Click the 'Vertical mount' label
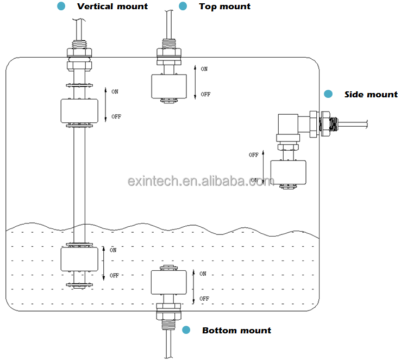tap(112, 7)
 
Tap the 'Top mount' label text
tap(224, 7)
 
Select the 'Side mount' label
tap(371, 94)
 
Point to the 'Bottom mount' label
tap(236, 330)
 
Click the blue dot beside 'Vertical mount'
tap(61, 6)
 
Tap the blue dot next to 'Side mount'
tap(328, 94)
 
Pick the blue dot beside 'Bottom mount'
tap(186, 330)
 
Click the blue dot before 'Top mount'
tap(183, 6)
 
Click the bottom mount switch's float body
tap(168, 282)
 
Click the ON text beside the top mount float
tap(204, 69)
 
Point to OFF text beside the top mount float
tap(205, 94)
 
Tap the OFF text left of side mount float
tap(254, 155)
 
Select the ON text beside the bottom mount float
tap(203, 274)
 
